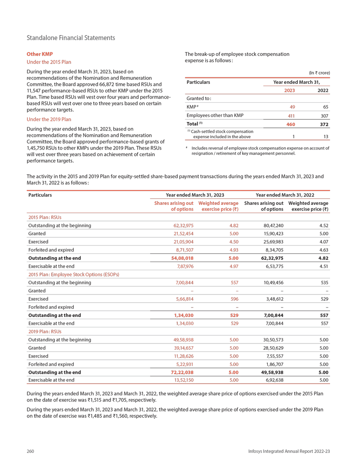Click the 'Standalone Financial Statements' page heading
(x=71, y=38)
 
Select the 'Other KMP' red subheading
(x=40, y=54)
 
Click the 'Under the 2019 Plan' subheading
(x=49, y=119)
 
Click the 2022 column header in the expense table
(x=323, y=90)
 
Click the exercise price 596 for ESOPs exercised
(x=234, y=299)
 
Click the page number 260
(x=31, y=451)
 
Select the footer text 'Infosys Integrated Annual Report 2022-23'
(x=289, y=451)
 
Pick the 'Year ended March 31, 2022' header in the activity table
(x=285, y=195)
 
